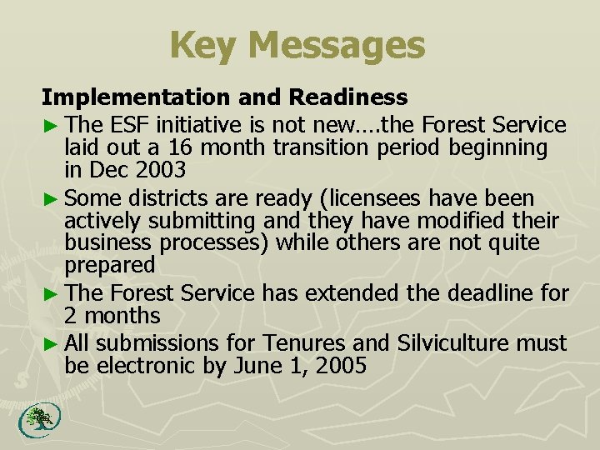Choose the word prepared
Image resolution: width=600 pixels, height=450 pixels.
click(109, 266)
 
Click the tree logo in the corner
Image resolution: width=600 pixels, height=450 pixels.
click(35, 419)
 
